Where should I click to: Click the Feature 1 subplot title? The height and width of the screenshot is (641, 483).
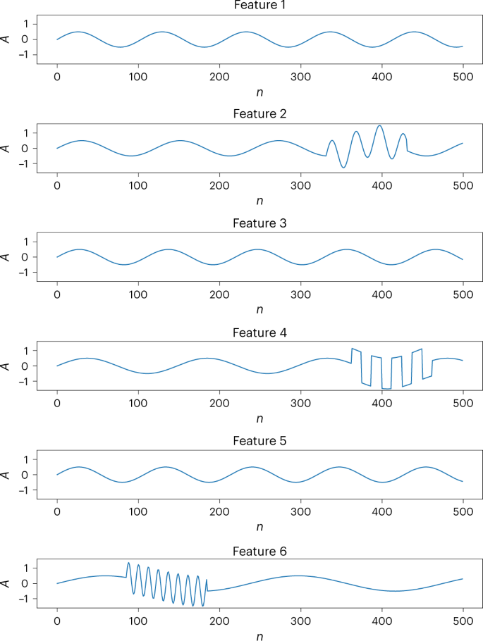(259, 6)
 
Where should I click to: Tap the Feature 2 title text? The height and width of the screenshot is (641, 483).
(259, 113)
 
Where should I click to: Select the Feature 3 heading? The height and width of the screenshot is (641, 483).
(259, 223)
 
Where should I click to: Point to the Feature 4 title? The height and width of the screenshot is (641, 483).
(259, 332)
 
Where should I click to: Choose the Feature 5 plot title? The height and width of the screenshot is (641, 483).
(259, 441)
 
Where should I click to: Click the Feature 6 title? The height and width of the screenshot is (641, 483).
(259, 550)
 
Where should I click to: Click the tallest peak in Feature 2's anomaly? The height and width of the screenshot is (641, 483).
(379, 126)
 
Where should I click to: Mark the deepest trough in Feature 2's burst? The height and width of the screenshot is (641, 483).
(343, 167)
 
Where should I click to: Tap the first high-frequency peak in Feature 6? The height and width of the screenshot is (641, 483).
(128, 563)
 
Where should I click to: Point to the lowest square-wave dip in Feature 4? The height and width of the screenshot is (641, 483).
(386, 388)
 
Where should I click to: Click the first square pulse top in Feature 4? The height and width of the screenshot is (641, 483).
(355, 349)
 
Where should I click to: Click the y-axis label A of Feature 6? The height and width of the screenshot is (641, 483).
(6, 583)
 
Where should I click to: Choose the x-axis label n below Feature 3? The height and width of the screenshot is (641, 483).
(259, 309)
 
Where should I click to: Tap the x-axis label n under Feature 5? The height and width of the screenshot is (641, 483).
(259, 528)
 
